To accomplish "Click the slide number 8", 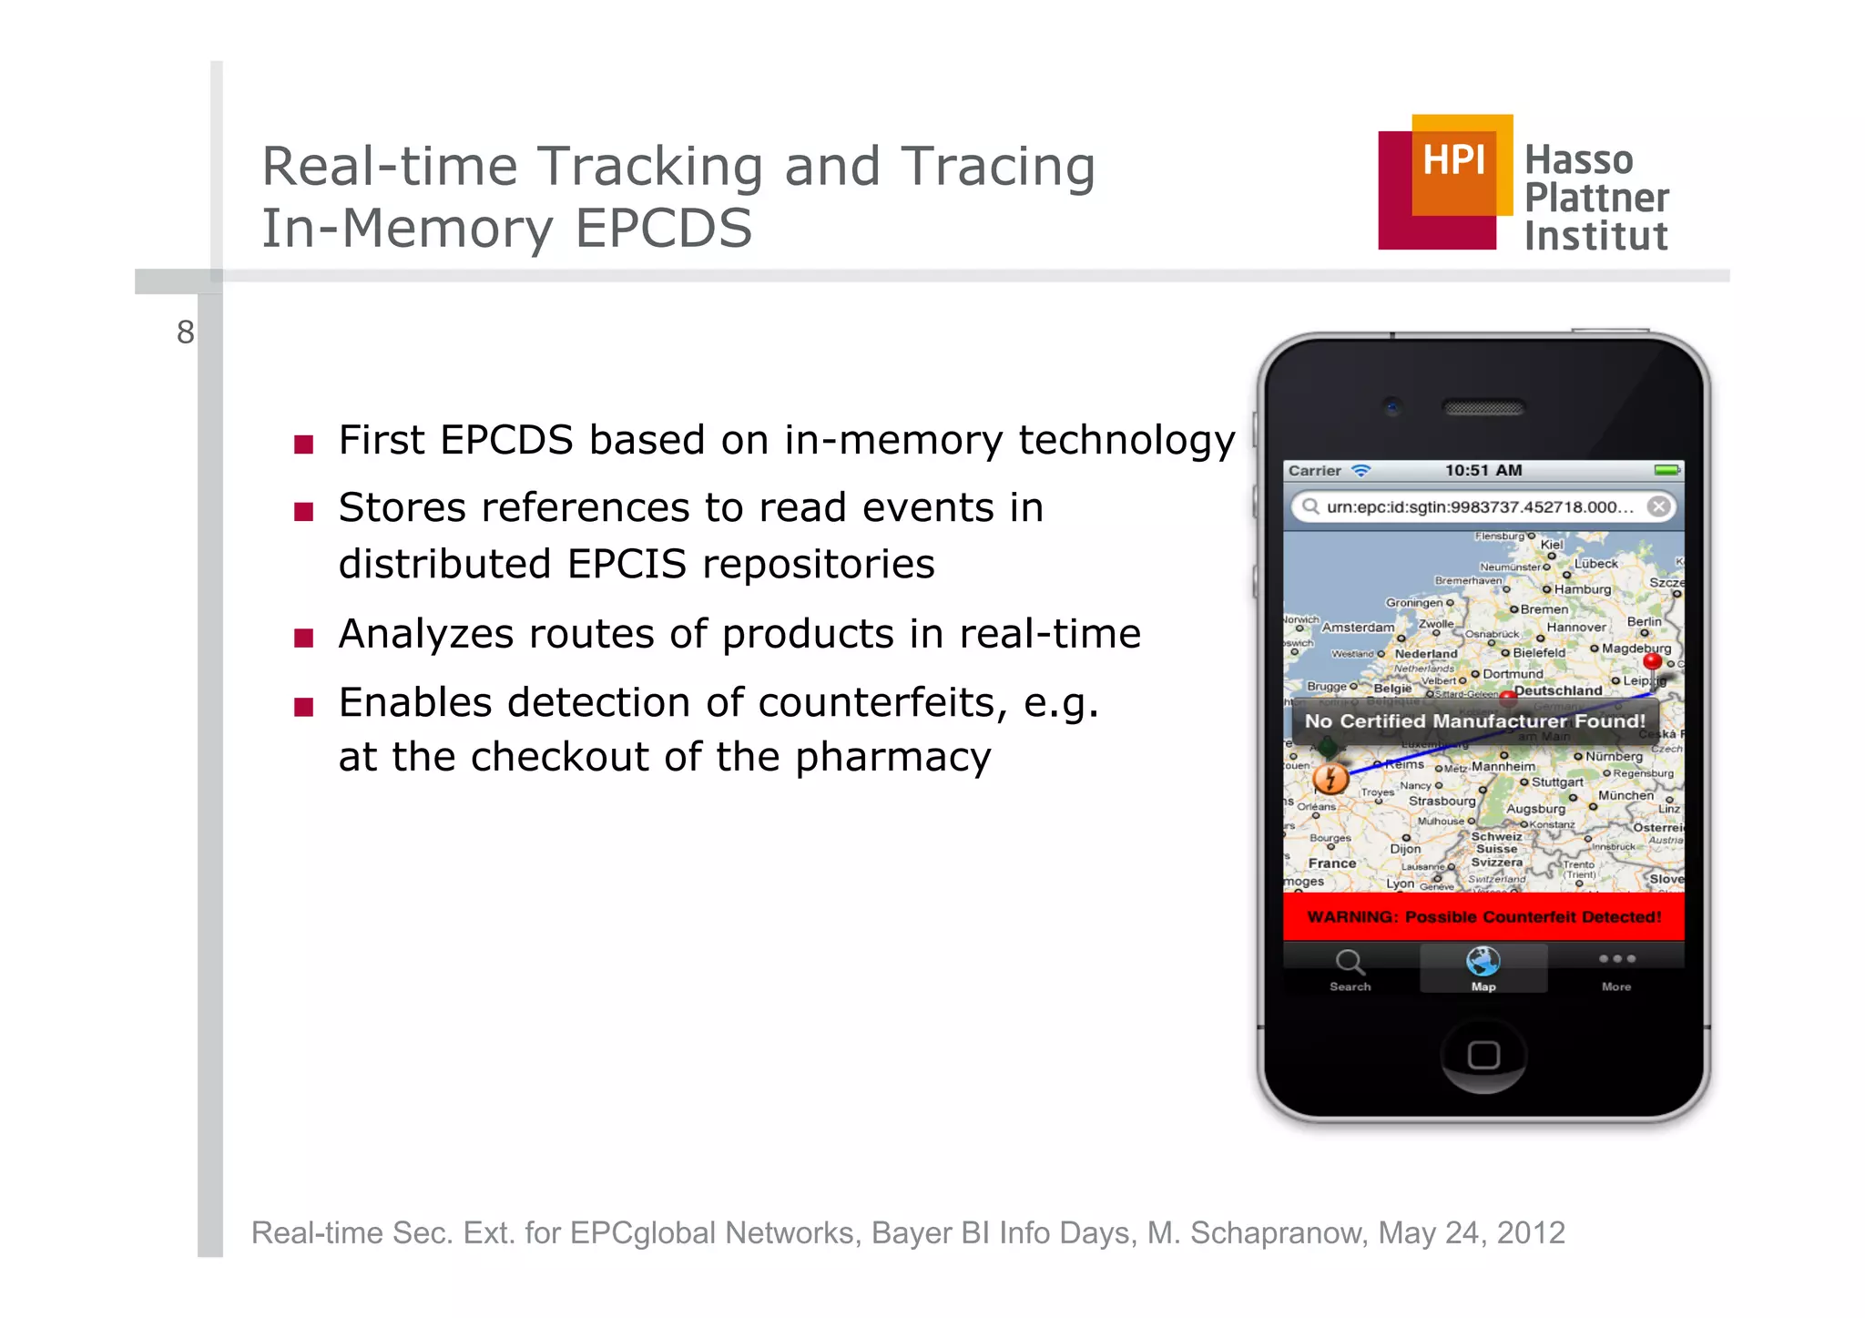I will pos(185,332).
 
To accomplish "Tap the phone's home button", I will pos(1483,1055).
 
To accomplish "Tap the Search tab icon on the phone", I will pos(1350,963).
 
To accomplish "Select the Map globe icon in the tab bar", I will pos(1483,962).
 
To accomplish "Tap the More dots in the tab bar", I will pos(1616,959).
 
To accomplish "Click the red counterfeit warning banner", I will pos(1483,916).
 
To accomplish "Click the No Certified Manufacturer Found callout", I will pos(1474,721).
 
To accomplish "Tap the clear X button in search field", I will pos(1659,506).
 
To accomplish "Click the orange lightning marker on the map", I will pos(1330,779).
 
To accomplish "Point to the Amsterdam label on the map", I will pos(1357,628).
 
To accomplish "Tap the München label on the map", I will pos(1626,795).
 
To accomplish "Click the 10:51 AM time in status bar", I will pos(1483,470).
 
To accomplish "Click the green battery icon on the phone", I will pos(1666,470).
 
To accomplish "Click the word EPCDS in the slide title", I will pos(663,228).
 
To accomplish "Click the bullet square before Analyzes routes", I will pos(304,638).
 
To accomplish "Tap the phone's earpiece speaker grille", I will pos(1483,408).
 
